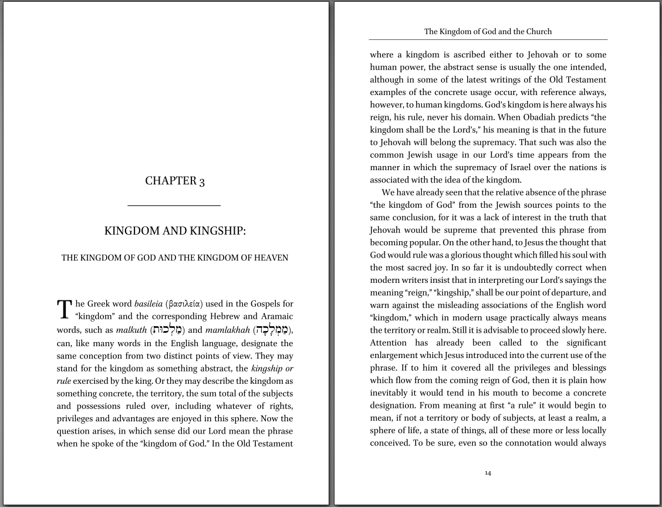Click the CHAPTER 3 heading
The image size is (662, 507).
(x=175, y=181)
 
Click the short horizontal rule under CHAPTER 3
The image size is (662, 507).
(x=174, y=205)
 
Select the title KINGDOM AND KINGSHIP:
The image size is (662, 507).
(x=175, y=231)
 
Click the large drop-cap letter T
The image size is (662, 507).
(x=64, y=309)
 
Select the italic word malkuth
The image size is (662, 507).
(x=131, y=330)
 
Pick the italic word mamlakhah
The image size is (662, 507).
(x=227, y=330)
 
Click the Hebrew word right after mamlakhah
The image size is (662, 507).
(x=272, y=330)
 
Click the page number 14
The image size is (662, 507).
(x=488, y=473)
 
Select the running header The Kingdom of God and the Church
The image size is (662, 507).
(x=488, y=31)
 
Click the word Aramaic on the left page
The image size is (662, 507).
(x=276, y=317)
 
